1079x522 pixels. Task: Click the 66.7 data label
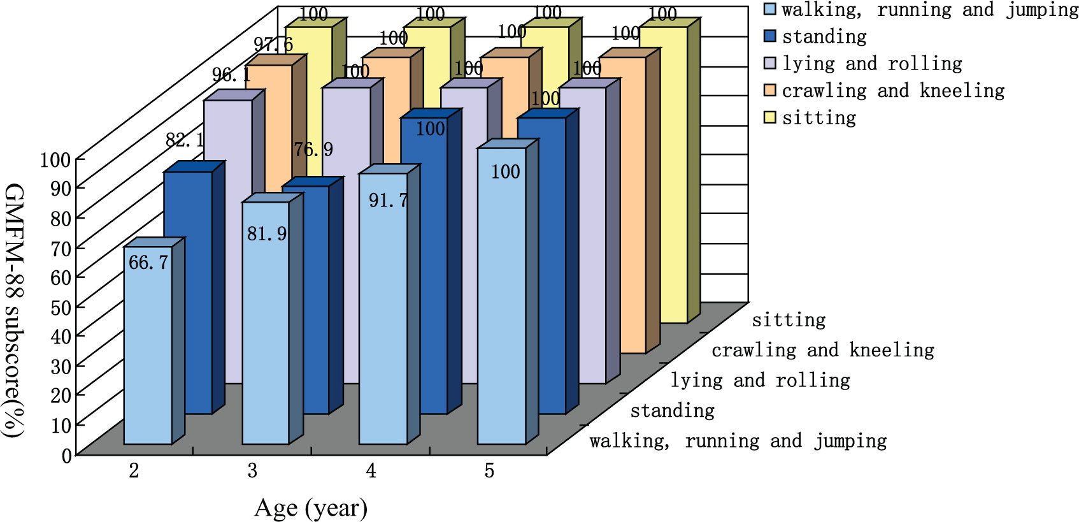pyautogui.click(x=148, y=263)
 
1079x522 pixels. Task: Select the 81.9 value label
pyautogui.click(x=267, y=234)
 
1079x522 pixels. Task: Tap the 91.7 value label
pyautogui.click(x=388, y=201)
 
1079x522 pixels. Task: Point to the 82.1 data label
pyautogui.click(x=185, y=140)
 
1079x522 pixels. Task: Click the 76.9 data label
pyautogui.click(x=313, y=150)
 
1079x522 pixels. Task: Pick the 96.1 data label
pyautogui.click(x=231, y=75)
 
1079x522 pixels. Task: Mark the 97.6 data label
pyautogui.click(x=273, y=45)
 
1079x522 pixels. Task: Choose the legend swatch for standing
pyautogui.click(x=770, y=36)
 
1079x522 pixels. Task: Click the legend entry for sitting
pyautogui.click(x=819, y=118)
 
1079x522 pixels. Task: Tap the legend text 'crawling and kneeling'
pyautogui.click(x=893, y=91)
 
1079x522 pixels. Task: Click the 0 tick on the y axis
pyautogui.click(x=67, y=455)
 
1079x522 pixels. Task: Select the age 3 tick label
pyautogui.click(x=253, y=471)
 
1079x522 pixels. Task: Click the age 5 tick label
pyautogui.click(x=489, y=471)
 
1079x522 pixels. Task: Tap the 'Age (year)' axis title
pyautogui.click(x=311, y=509)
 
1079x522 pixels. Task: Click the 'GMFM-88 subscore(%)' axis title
pyautogui.click(x=14, y=310)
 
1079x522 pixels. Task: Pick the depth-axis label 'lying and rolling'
pyautogui.click(x=760, y=381)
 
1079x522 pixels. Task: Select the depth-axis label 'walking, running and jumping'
pyautogui.click(x=738, y=441)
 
